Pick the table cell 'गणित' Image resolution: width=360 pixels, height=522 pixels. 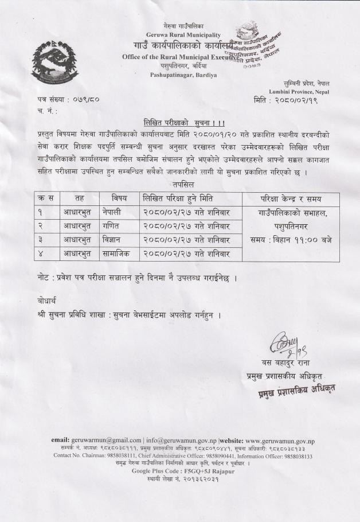point(113,226)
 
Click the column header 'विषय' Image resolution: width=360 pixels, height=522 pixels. point(119,198)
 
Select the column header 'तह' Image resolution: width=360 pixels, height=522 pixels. point(80,198)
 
